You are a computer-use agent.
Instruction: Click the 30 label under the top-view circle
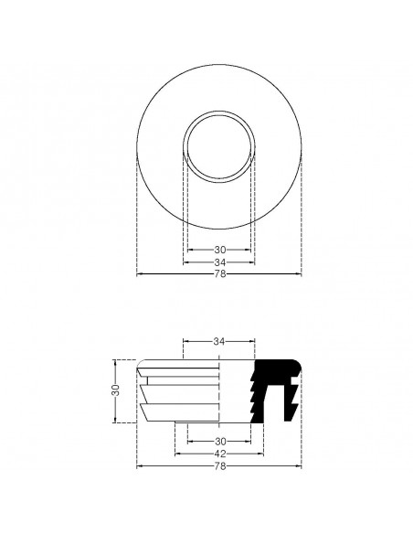tap(219, 249)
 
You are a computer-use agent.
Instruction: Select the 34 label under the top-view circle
tap(219, 262)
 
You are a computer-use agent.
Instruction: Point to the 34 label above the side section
tap(219, 341)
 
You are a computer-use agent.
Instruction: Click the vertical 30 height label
tap(115, 390)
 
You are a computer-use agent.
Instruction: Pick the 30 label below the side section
tap(219, 441)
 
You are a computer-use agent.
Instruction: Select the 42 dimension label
tap(219, 454)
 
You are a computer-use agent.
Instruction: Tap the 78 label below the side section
tap(219, 466)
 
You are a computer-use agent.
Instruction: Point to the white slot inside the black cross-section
tap(279, 402)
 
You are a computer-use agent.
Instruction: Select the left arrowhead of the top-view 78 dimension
tap(138, 274)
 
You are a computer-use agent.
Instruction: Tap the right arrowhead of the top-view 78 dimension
tap(300, 274)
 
